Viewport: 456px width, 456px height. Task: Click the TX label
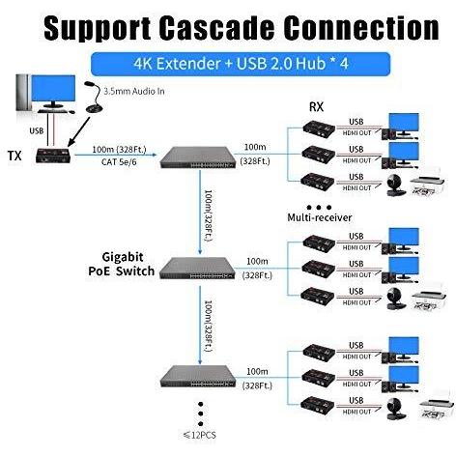[14, 156]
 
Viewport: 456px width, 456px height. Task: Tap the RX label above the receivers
[316, 107]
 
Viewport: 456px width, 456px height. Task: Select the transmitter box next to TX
[53, 156]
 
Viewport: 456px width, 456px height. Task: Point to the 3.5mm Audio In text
[134, 92]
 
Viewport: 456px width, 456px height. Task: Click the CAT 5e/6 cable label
[119, 161]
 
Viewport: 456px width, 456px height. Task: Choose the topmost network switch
[198, 157]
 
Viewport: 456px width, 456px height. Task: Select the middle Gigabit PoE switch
[197, 268]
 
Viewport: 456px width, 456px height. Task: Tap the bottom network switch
[198, 377]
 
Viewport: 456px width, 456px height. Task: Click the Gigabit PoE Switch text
[122, 264]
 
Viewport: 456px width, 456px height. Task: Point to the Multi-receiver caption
[320, 217]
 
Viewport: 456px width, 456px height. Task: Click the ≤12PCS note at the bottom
[200, 436]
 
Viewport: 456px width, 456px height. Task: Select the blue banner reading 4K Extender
[241, 64]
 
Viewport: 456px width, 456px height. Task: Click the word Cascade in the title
[216, 28]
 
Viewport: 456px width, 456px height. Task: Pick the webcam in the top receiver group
[395, 185]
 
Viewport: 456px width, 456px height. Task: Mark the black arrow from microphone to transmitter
[79, 131]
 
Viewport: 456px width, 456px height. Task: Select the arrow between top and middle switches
[200, 213]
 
